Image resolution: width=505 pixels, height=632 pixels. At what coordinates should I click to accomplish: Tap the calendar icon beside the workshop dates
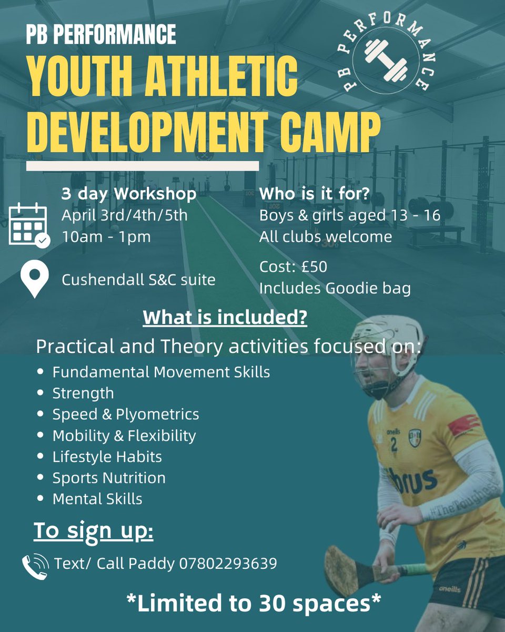click(x=28, y=224)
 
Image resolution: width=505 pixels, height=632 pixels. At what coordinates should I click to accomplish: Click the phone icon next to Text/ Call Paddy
click(x=35, y=565)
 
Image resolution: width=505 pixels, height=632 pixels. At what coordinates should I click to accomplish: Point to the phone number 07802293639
click(x=228, y=564)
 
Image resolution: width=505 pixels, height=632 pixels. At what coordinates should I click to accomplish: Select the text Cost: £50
click(x=293, y=267)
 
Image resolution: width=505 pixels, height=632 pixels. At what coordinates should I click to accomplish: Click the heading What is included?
click(x=225, y=318)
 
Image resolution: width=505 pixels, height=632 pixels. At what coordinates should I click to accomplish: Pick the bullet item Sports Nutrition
click(x=109, y=478)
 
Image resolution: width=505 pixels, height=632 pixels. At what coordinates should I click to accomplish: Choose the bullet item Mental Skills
click(x=97, y=499)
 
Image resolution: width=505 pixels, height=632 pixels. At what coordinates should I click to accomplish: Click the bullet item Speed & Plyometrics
click(x=126, y=414)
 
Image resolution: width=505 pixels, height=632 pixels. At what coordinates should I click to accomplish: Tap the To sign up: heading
click(x=94, y=531)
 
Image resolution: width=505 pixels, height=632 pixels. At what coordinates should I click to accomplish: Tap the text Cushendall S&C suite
click(x=138, y=280)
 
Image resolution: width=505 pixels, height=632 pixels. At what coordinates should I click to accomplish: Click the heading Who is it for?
click(x=315, y=194)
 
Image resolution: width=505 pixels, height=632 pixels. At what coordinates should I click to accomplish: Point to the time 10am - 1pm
click(x=106, y=236)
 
